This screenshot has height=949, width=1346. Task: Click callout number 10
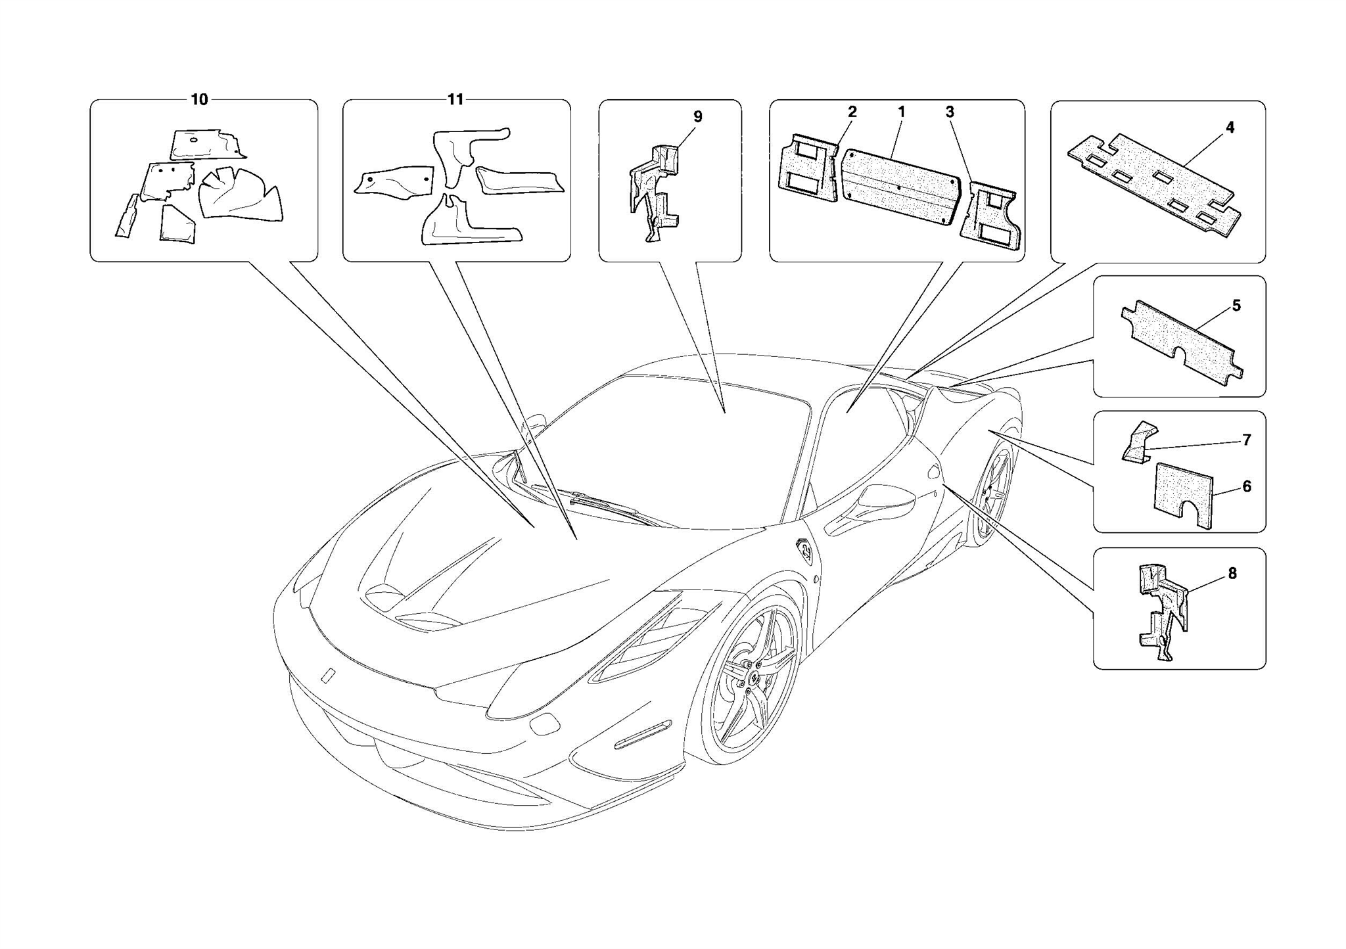coord(199,99)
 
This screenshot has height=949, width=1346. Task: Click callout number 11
coord(455,99)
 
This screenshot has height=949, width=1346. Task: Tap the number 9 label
coord(697,117)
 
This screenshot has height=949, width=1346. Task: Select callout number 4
coord(1230,127)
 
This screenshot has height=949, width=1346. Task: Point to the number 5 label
coord(1236,306)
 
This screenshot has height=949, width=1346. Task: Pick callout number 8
coord(1232,573)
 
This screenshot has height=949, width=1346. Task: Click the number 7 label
coord(1246,440)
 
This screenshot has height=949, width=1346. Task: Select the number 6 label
coord(1246,486)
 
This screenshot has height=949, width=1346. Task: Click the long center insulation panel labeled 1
coord(898,186)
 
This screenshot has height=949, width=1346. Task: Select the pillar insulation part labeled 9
coord(655,191)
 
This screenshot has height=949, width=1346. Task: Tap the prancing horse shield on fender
coord(805,551)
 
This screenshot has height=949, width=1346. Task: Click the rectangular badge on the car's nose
coord(328,676)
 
